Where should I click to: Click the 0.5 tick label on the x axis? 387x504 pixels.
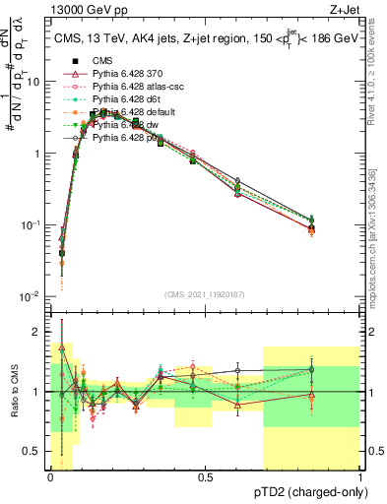click(x=205, y=476)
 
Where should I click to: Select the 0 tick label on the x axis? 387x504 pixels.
click(x=50, y=476)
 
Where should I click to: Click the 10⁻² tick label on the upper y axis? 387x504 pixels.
click(x=31, y=296)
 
